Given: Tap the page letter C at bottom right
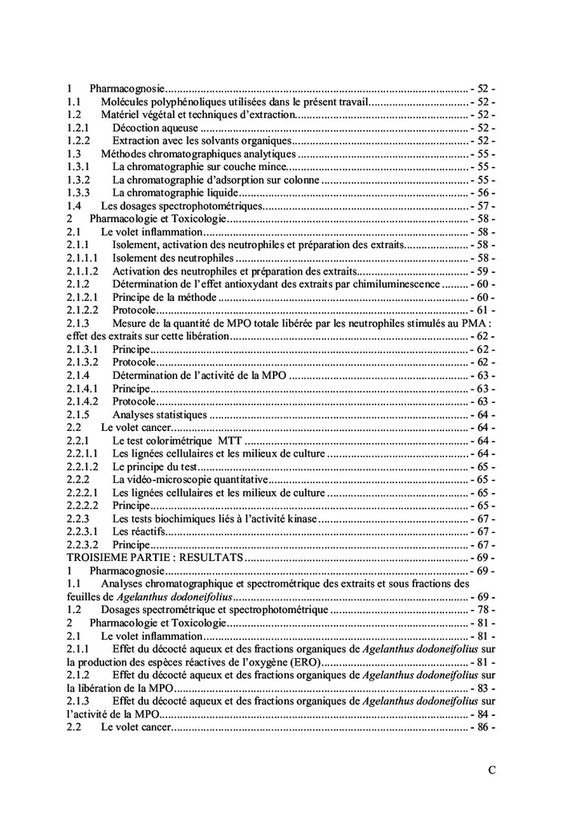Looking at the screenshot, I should click(x=491, y=770).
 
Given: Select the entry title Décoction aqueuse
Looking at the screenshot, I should click(x=154, y=128).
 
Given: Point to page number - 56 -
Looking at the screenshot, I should click(x=482, y=193).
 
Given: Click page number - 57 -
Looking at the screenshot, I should click(x=482, y=205).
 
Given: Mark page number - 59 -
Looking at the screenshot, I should click(x=482, y=271).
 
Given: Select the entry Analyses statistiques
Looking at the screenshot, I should click(x=160, y=414).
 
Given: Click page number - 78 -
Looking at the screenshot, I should click(x=482, y=609).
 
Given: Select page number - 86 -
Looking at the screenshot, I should click(x=482, y=726).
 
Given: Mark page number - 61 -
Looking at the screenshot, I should click(x=482, y=311).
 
